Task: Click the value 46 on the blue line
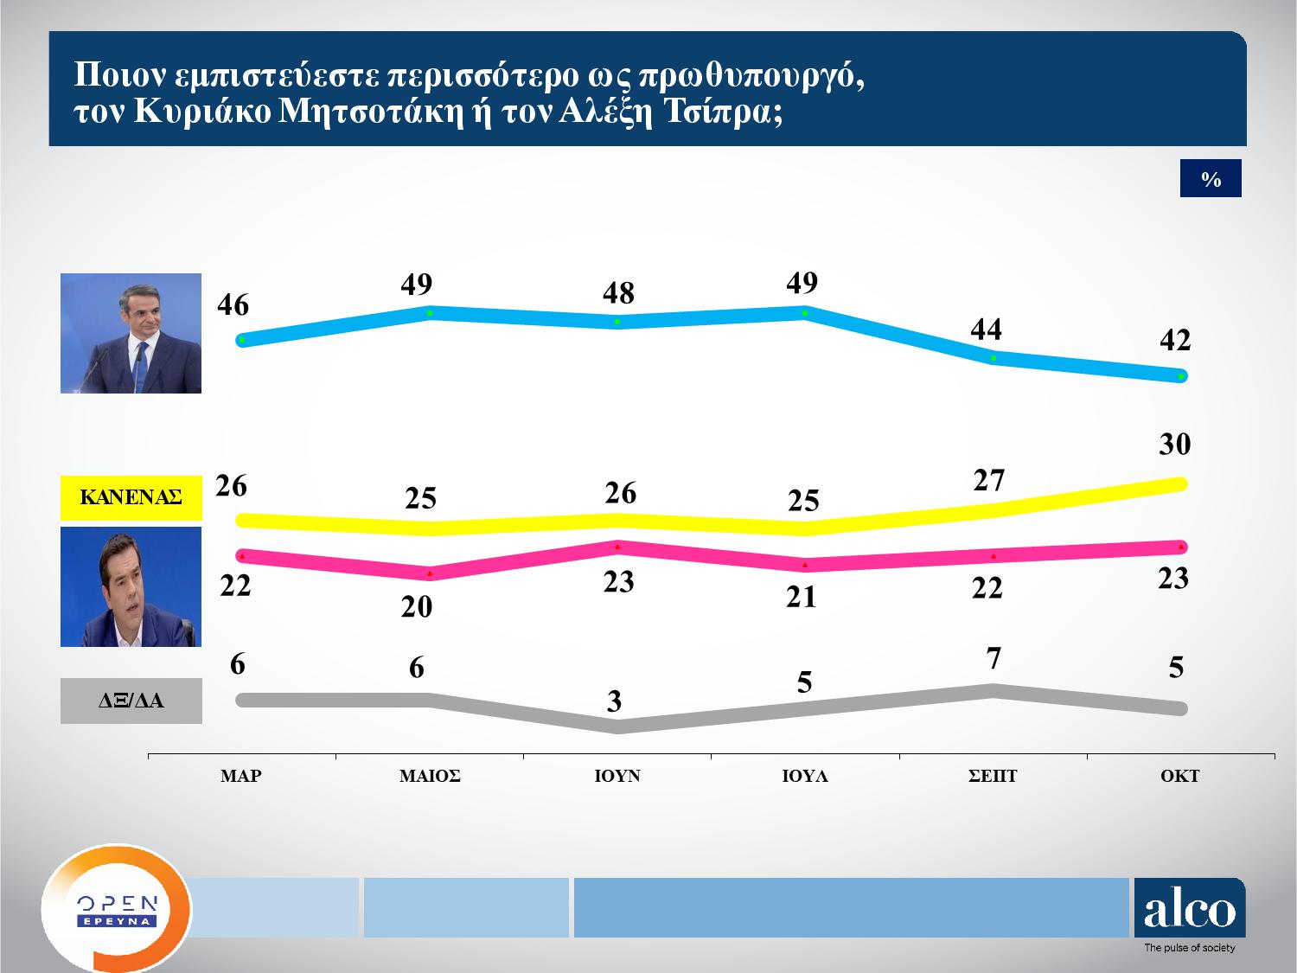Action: (233, 305)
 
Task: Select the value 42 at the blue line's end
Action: (1175, 341)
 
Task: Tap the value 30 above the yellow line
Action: (1175, 445)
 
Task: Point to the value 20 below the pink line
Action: (417, 607)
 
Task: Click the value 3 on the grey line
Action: (615, 701)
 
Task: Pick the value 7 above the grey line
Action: (994, 659)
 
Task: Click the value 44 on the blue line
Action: (987, 330)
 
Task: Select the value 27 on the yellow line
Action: (988, 480)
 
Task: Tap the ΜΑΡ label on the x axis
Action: (241, 777)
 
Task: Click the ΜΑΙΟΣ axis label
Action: (430, 777)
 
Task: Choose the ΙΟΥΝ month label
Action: (617, 777)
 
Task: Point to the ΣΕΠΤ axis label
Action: (993, 777)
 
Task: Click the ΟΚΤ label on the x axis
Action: (1180, 777)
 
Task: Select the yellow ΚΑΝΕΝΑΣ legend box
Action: (131, 497)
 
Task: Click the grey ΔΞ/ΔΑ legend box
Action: (131, 701)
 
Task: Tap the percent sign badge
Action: (1211, 179)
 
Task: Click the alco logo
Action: (1190, 910)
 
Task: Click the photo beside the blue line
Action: (131, 333)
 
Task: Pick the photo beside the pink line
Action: (131, 586)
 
